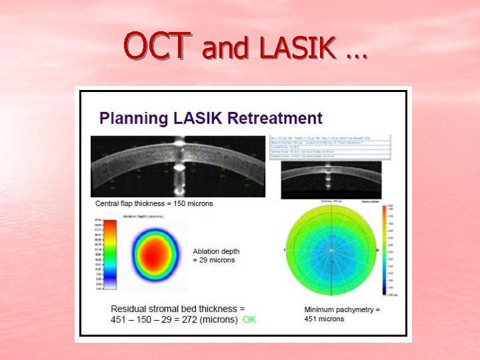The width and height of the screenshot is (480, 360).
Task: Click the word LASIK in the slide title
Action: (x=297, y=47)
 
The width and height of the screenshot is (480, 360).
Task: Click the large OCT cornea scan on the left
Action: (x=177, y=166)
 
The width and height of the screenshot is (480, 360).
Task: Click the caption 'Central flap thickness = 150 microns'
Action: (x=155, y=203)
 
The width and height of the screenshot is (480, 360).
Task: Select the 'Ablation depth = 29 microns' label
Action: (x=216, y=255)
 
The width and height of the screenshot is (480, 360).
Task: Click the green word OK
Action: (x=249, y=319)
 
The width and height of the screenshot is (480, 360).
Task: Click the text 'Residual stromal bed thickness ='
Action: (x=178, y=309)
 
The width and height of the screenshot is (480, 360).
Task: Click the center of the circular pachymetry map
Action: (x=331, y=250)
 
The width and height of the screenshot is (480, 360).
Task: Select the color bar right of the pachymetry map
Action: (x=385, y=250)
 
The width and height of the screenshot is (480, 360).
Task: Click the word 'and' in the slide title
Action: (x=225, y=48)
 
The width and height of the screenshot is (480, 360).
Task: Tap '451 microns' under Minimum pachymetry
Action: (x=325, y=319)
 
